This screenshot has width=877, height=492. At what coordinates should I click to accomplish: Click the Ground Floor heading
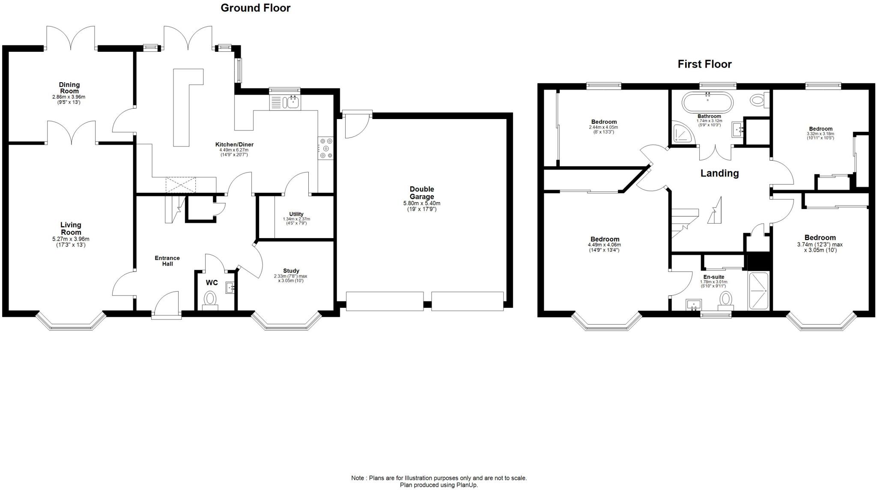(x=255, y=8)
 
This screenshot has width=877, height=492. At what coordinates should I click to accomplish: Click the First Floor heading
(x=704, y=64)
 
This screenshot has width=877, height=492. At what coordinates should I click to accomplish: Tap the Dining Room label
(x=69, y=88)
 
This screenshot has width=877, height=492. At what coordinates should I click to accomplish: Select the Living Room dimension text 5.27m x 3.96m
(x=71, y=239)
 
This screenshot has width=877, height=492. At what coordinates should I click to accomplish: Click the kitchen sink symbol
(x=293, y=102)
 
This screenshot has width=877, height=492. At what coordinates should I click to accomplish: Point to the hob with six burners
(x=326, y=148)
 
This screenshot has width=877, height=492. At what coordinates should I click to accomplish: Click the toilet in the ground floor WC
(x=210, y=298)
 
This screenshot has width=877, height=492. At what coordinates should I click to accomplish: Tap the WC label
(x=212, y=283)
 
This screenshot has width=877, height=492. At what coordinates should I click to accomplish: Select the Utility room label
(x=296, y=214)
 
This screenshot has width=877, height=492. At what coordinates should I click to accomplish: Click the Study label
(x=291, y=271)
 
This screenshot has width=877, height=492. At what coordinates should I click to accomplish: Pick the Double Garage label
(x=422, y=193)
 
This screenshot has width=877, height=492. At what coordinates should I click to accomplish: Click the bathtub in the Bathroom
(x=707, y=102)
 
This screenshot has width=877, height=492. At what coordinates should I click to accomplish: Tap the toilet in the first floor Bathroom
(x=758, y=100)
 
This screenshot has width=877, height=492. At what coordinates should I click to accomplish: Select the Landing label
(x=719, y=173)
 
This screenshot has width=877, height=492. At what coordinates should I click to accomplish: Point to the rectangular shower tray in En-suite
(x=758, y=291)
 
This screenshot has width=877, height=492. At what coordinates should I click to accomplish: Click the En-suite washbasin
(x=694, y=305)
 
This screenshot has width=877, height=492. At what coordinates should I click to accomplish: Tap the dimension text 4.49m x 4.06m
(x=604, y=245)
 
